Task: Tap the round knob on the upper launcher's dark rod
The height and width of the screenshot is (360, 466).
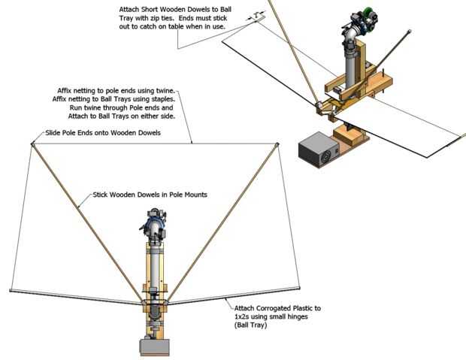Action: (410, 32)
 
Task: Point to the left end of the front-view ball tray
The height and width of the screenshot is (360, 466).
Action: (11, 291)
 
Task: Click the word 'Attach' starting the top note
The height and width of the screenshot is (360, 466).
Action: (129, 9)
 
